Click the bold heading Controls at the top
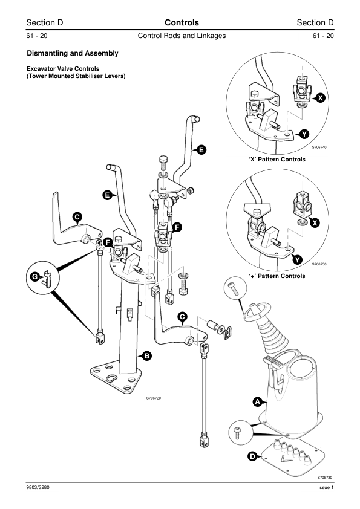182,23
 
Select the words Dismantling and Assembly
73,53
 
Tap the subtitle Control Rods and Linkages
182,36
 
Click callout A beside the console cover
258,402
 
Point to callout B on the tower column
147,356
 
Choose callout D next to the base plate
252,456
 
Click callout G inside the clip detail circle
34,277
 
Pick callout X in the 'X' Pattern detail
321,98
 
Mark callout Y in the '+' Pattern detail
298,260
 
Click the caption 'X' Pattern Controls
277,160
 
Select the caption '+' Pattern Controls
277,276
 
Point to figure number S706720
153,398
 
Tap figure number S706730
325,477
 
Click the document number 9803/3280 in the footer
38,487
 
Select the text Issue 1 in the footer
326,487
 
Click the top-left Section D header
45,23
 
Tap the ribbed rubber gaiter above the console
272,331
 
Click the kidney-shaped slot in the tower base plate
112,378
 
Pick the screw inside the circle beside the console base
238,433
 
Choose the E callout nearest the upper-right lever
201,150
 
